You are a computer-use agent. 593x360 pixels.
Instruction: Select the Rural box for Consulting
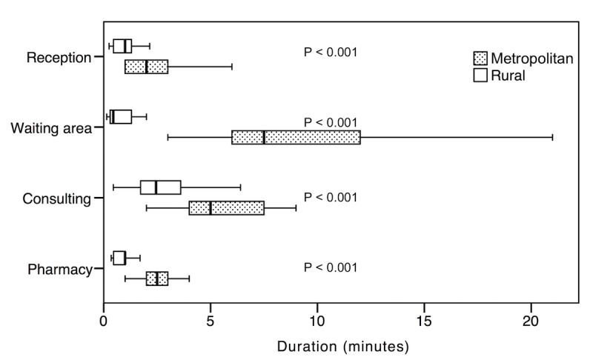tap(161, 187)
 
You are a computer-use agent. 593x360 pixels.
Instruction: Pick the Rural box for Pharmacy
tap(119, 258)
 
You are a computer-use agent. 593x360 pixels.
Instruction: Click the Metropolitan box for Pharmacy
tap(157, 279)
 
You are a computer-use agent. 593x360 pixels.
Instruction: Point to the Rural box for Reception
tap(122, 46)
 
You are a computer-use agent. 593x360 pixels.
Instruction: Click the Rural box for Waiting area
tap(121, 116)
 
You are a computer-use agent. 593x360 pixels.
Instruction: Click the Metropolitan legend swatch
tap(480, 58)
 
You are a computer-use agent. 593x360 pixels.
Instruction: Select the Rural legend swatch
tap(480, 75)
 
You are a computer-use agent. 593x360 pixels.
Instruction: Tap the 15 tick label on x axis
tap(424, 322)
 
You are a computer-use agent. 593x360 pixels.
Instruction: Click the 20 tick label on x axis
tap(531, 322)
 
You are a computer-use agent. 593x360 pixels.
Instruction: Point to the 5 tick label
tap(211, 322)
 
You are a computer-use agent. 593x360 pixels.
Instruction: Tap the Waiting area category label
tap(51, 128)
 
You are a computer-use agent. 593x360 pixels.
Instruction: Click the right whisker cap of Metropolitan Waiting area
tap(553, 137)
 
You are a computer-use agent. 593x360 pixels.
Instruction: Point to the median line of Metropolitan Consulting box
tap(211, 207)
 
